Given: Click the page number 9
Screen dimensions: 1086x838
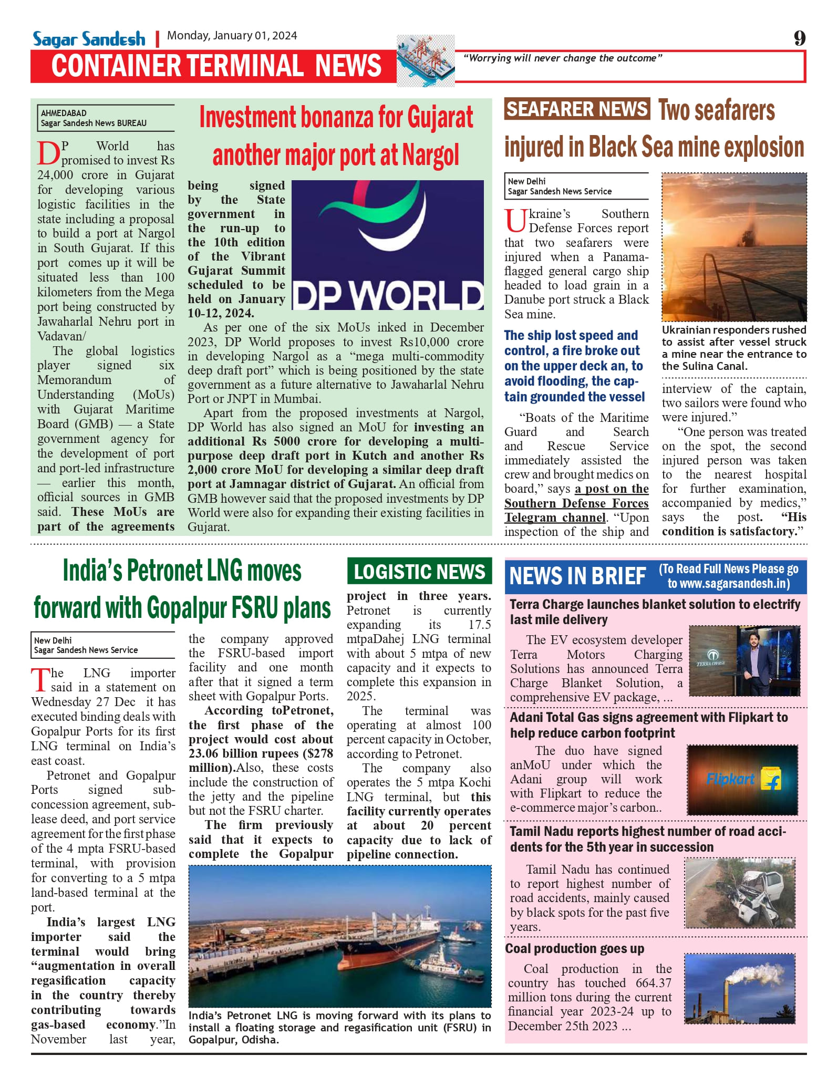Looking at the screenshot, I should click(x=799, y=38).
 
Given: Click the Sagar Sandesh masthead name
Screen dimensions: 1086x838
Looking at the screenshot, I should click(x=89, y=39).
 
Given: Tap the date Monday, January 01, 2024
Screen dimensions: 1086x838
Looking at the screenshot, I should click(x=232, y=36).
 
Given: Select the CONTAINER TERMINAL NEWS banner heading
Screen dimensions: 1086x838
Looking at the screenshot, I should click(x=216, y=66).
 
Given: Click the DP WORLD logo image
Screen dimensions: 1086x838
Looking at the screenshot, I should click(x=388, y=245).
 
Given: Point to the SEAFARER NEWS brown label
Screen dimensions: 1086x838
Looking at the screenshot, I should click(x=577, y=109).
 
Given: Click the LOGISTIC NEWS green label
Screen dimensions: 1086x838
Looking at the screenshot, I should click(x=419, y=572).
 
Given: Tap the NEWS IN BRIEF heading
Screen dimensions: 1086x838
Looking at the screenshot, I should click(x=577, y=576).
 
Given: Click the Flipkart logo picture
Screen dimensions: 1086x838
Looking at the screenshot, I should click(x=742, y=780).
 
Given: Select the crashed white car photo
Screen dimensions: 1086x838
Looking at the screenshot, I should click(x=740, y=893).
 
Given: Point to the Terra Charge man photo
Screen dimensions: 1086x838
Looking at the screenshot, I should click(x=744, y=661).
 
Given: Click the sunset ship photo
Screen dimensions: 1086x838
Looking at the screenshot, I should click(x=734, y=247).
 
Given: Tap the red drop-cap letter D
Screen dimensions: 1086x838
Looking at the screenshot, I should click(x=48, y=153).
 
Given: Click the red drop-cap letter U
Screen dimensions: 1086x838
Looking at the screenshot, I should click(x=515, y=221).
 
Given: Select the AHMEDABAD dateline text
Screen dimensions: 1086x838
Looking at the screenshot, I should click(x=64, y=113).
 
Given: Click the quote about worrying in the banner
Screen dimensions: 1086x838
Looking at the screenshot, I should click(x=562, y=58).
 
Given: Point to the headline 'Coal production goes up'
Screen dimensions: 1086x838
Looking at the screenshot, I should click(x=574, y=948).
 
